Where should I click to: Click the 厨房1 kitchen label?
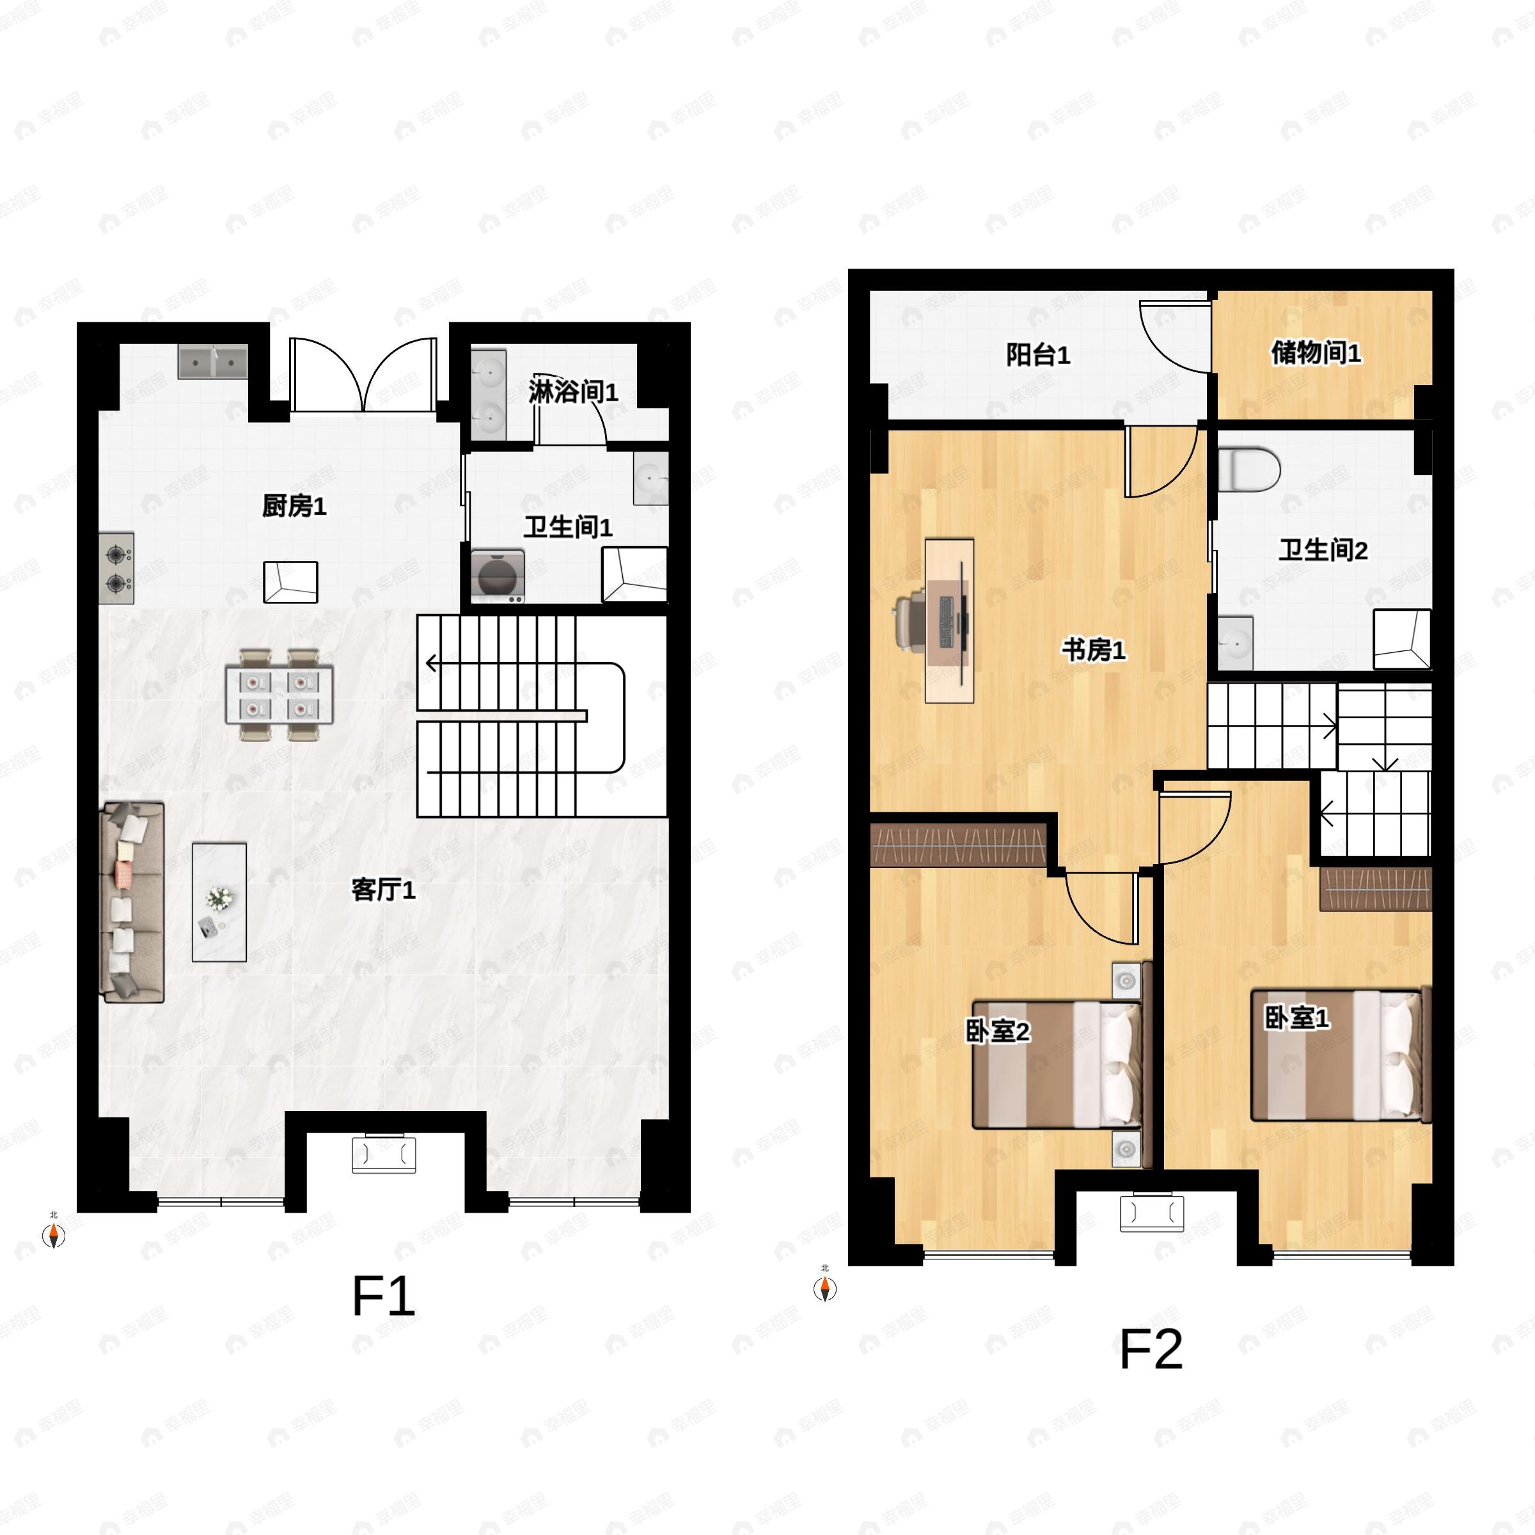294,506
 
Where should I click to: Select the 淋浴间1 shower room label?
573,391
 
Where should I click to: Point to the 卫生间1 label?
567,527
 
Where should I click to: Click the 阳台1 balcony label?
1037,354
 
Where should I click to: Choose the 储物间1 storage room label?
1316,352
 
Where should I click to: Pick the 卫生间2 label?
1323,550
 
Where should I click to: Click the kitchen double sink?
212,361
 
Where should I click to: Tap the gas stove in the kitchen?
117,568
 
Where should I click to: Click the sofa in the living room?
132,902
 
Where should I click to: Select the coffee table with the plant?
219,902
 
